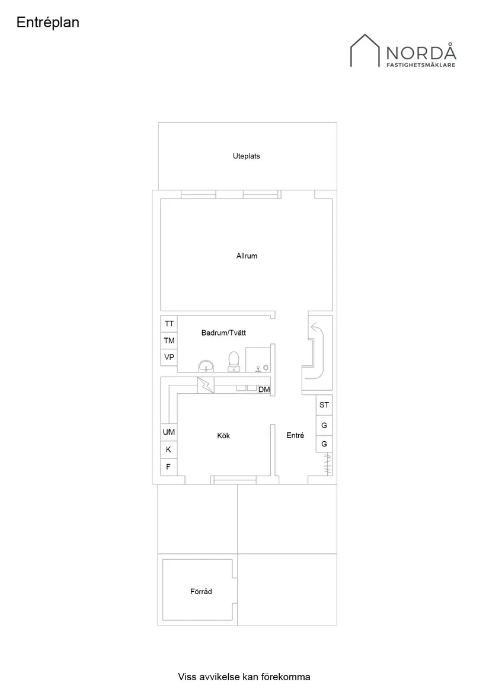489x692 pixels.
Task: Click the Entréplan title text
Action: [x=48, y=23]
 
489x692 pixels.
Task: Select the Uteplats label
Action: [x=246, y=157]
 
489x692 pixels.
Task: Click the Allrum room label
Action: [x=247, y=256]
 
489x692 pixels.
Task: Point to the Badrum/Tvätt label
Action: [x=223, y=333]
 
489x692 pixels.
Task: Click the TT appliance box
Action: [x=170, y=324]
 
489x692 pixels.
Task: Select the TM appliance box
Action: [x=170, y=340]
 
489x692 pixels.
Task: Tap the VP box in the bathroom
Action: [x=170, y=357]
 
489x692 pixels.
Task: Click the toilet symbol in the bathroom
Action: [x=234, y=361]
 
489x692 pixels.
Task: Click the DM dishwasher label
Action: [x=264, y=390]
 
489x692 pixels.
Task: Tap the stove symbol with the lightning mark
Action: [x=206, y=385]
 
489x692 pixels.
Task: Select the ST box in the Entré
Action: [x=324, y=405]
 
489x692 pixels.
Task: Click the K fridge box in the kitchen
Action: [x=168, y=449]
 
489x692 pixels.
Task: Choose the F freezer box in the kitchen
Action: [x=168, y=467]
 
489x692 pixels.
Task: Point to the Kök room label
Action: [x=223, y=436]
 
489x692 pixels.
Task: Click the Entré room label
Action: [x=295, y=435]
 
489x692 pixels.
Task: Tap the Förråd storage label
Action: [x=202, y=592]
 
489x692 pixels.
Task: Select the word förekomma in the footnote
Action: [x=288, y=677]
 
